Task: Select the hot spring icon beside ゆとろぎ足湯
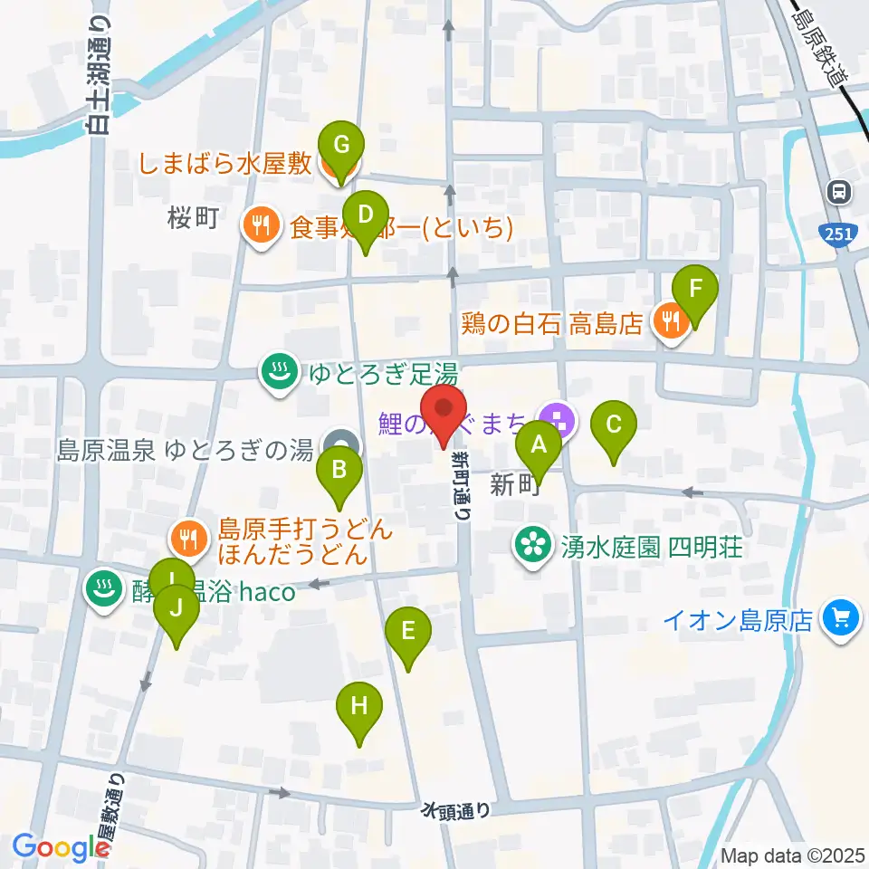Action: coord(279,371)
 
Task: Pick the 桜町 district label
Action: coord(195,219)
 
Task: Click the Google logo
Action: coord(61,847)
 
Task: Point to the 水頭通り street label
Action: coord(456,810)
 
